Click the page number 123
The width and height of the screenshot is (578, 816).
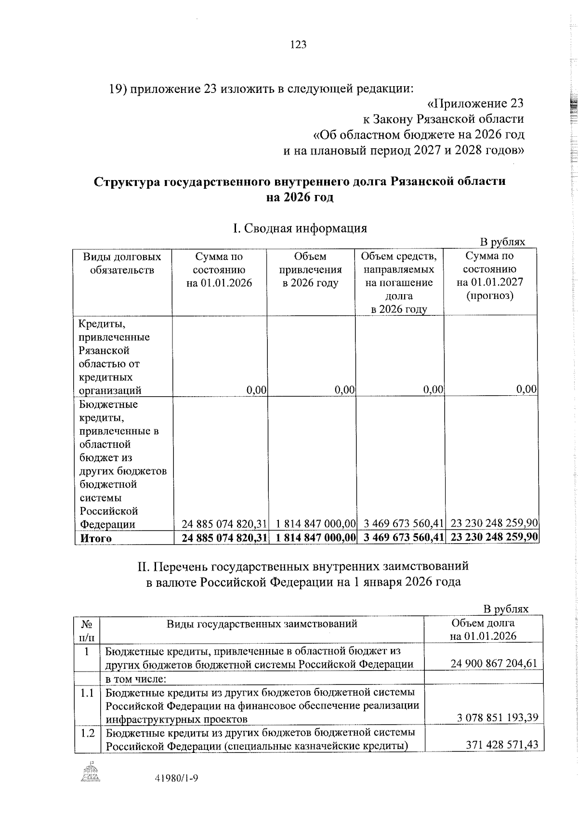299,45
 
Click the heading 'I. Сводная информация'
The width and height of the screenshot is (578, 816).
300,228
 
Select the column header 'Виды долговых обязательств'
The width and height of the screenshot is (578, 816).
122,263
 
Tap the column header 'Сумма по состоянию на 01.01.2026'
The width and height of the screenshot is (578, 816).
219,270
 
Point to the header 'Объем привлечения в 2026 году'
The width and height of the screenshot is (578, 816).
311,270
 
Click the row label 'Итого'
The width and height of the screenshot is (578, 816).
95,538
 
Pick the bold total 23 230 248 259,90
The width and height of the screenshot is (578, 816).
494,537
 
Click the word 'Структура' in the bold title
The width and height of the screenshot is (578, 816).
129,182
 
